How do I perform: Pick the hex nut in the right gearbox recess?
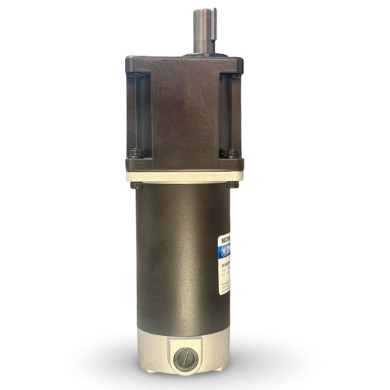[232, 153]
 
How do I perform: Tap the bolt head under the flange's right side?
[232, 184]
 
